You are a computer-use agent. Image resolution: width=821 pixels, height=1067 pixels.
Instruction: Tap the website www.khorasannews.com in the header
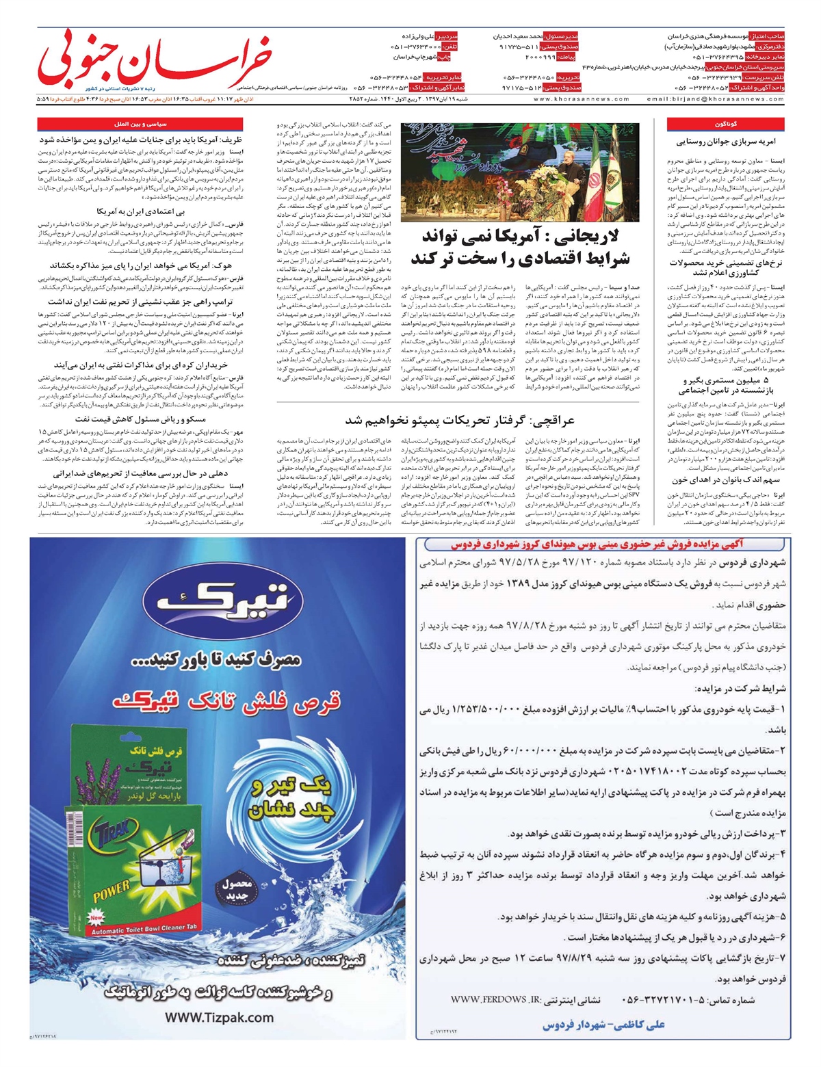[x=574, y=99]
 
